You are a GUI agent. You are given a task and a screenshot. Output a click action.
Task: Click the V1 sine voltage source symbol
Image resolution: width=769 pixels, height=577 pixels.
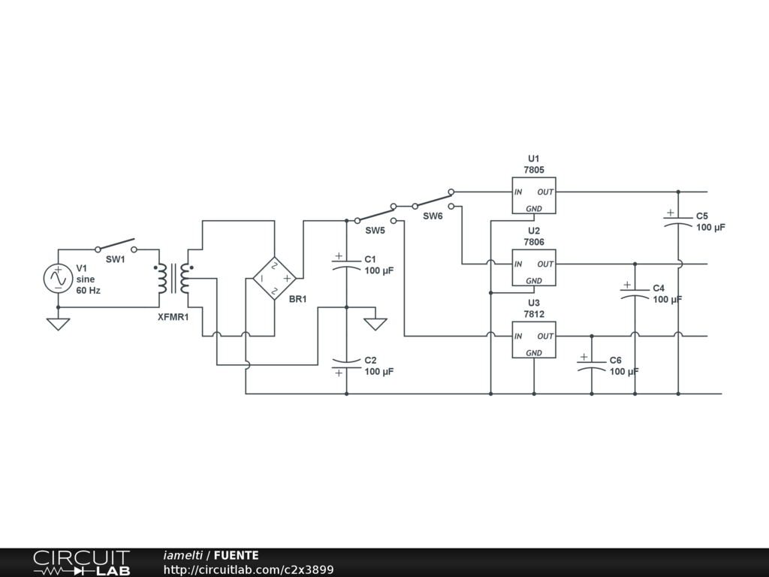(59, 279)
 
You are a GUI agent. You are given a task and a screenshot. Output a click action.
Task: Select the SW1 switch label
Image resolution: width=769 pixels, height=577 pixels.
(115, 259)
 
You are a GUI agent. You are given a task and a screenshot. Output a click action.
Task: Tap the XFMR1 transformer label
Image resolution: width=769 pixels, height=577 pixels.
(173, 317)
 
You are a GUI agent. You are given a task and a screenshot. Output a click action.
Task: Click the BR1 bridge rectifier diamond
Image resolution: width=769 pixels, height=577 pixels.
(274, 279)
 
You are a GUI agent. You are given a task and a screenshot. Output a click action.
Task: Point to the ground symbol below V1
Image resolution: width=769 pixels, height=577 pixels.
(59, 325)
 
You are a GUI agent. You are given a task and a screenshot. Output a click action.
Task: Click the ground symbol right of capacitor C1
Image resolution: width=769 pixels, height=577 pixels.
(375, 325)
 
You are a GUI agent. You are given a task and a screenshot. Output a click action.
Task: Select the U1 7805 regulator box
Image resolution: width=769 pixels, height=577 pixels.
(534, 195)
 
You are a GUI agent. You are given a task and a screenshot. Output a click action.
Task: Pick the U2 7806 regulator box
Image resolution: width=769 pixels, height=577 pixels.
(534, 267)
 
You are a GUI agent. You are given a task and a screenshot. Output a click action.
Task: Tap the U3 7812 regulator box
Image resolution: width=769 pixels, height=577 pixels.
(534, 340)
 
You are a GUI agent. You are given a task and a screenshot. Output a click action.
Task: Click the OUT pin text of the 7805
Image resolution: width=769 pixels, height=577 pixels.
(545, 192)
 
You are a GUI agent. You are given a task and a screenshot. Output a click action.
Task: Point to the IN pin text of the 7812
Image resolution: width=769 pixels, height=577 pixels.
(518, 336)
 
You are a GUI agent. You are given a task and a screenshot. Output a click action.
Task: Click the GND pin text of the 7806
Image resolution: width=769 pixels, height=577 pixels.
(534, 281)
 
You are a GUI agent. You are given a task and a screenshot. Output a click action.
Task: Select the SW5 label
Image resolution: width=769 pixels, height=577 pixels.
(375, 231)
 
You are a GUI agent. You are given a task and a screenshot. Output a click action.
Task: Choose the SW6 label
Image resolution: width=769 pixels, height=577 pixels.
(433, 216)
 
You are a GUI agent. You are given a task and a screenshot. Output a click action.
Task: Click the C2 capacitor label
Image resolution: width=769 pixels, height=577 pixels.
(370, 360)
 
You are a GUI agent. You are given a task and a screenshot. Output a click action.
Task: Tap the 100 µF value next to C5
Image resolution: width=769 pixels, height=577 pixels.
(710, 227)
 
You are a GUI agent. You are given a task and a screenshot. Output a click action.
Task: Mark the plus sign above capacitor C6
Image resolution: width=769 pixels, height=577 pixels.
(584, 357)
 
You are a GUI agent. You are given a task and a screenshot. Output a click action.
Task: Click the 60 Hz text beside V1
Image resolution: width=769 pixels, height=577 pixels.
(89, 291)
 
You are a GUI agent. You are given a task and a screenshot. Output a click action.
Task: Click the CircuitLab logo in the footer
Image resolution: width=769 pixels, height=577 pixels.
(81, 563)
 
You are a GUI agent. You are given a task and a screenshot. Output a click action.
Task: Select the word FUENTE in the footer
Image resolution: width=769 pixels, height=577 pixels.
(236, 555)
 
